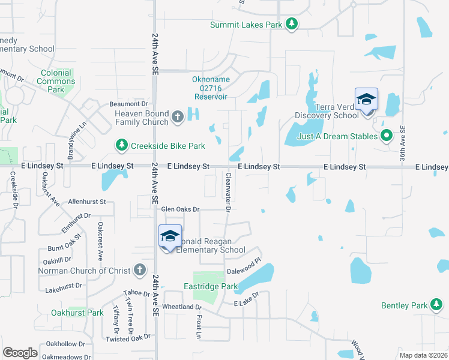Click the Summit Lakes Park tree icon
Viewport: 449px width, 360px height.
(x=292, y=24)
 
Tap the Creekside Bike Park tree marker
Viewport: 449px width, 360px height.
(x=121, y=145)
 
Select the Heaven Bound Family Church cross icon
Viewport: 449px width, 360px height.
(x=178, y=117)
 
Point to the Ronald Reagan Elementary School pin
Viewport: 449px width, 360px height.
(x=170, y=237)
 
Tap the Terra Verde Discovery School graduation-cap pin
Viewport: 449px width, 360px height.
(x=366, y=100)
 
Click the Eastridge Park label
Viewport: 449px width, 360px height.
(x=202, y=287)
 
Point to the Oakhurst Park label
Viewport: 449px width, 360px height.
(x=77, y=313)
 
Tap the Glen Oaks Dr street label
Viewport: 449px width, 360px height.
(x=180, y=209)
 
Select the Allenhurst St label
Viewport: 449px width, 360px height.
(x=87, y=202)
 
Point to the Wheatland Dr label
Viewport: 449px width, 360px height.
(x=182, y=307)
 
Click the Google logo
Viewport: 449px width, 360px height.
(x=20, y=352)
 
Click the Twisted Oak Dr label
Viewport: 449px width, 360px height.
(x=127, y=339)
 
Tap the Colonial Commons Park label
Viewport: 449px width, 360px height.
(x=56, y=81)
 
